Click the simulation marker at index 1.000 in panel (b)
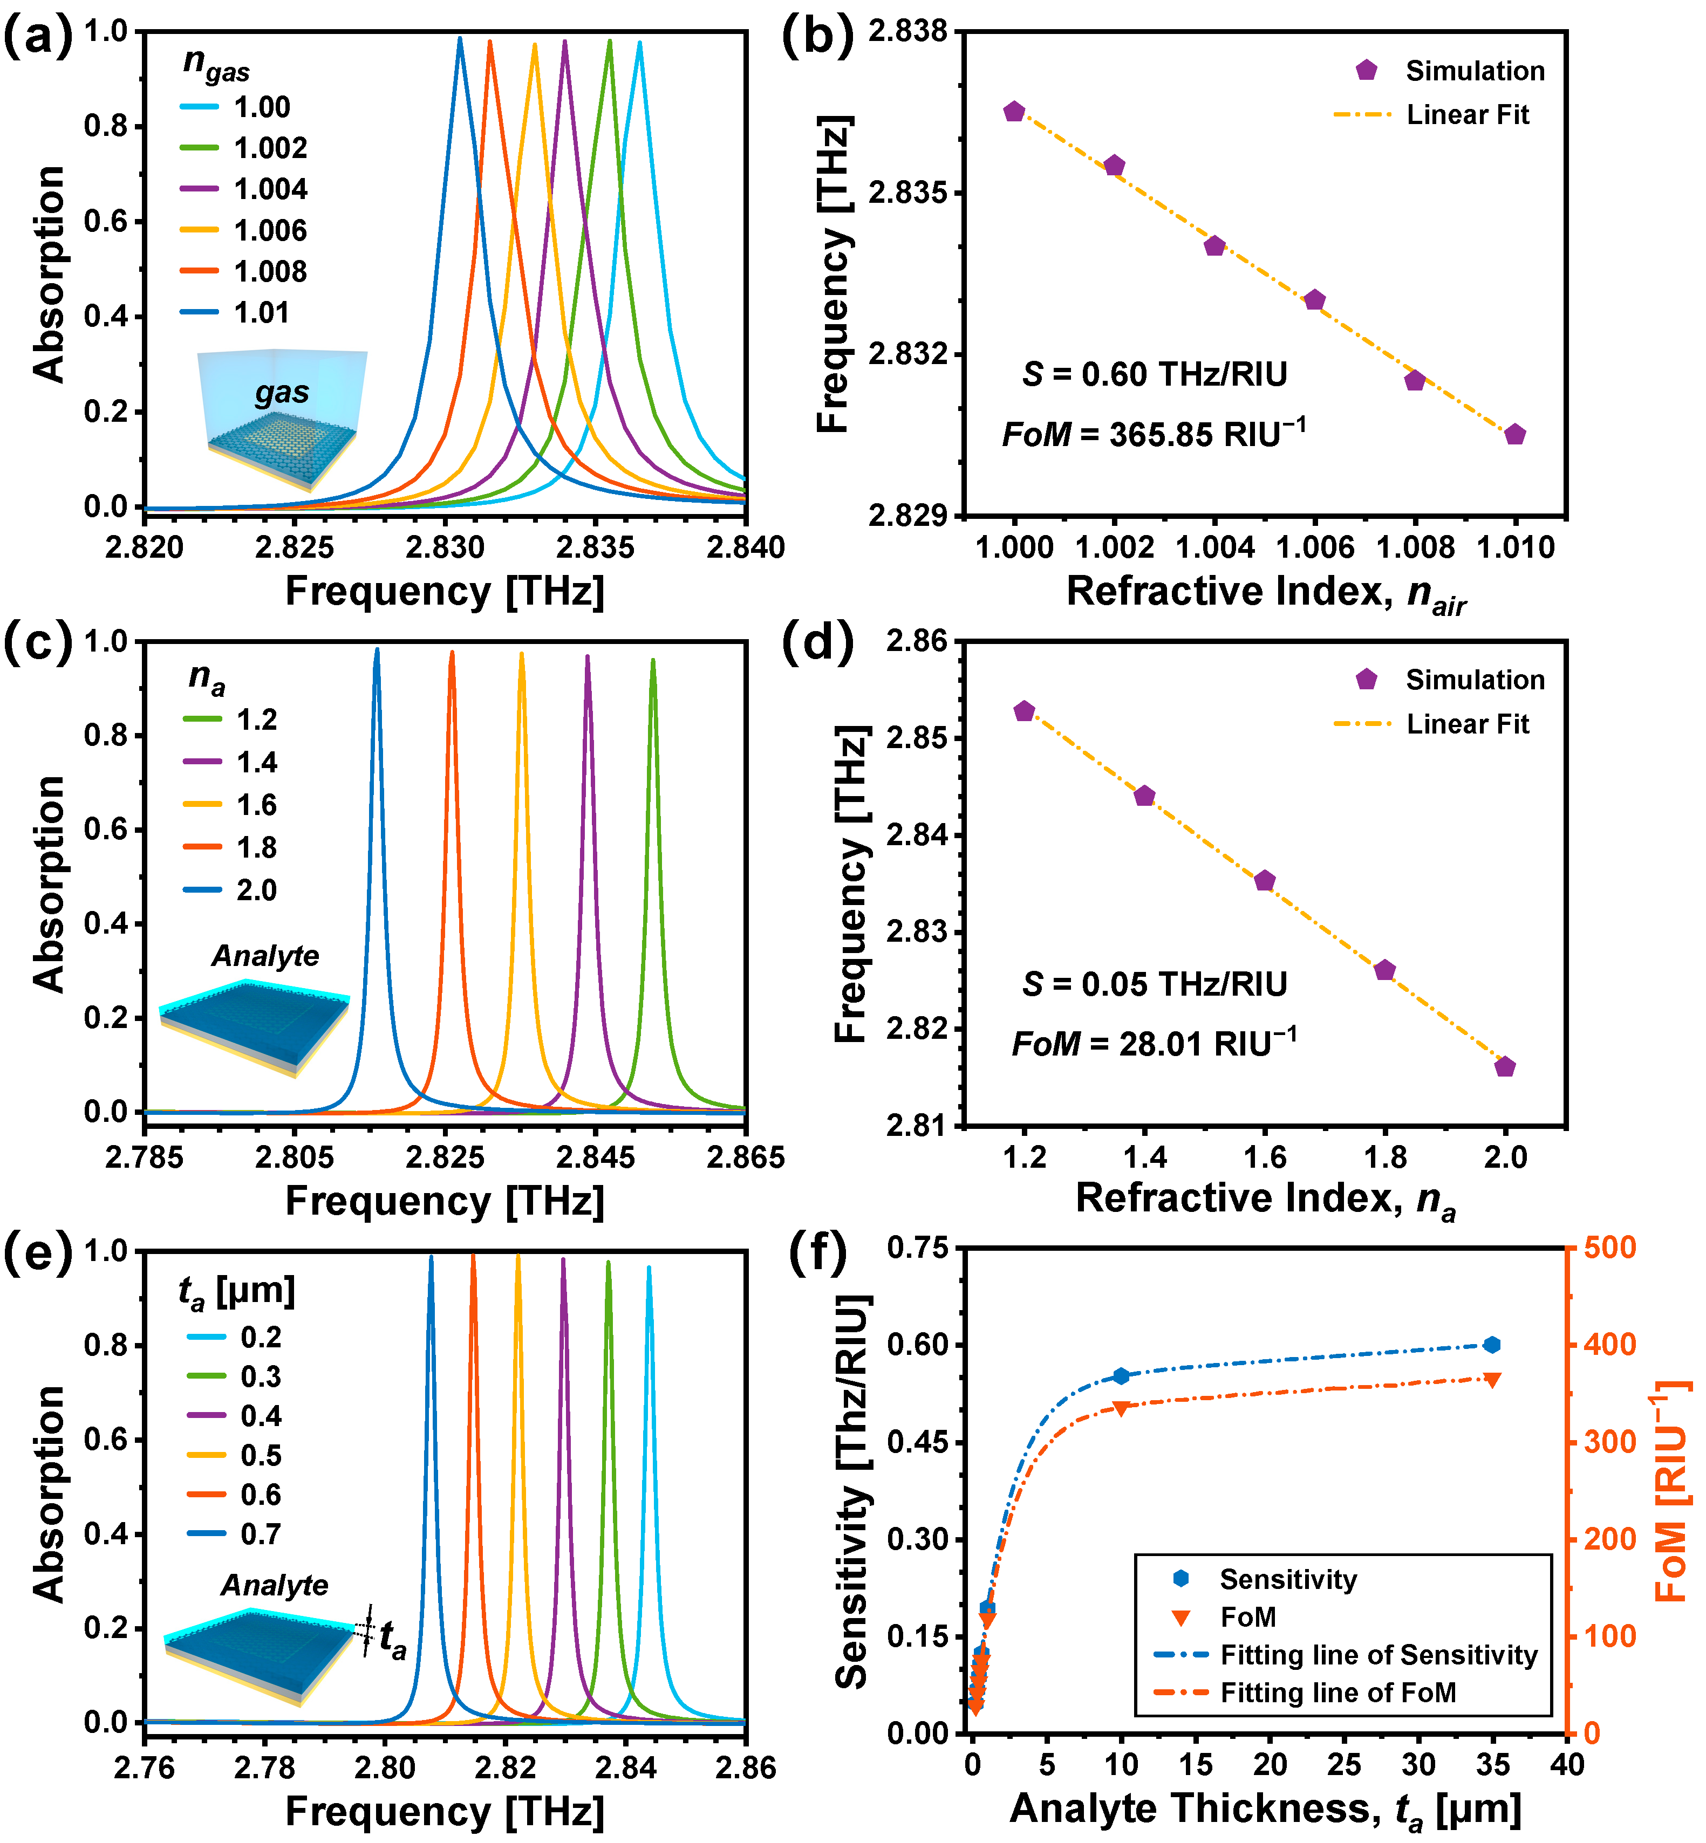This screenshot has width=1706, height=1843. coord(1014,112)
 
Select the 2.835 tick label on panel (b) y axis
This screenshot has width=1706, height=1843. coord(909,193)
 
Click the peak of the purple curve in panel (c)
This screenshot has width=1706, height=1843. coord(588,657)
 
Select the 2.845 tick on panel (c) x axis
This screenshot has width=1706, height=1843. coord(596,1157)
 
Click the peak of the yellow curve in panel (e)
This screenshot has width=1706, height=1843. coord(518,1257)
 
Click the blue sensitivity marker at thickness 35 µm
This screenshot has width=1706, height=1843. coord(1492,1345)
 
